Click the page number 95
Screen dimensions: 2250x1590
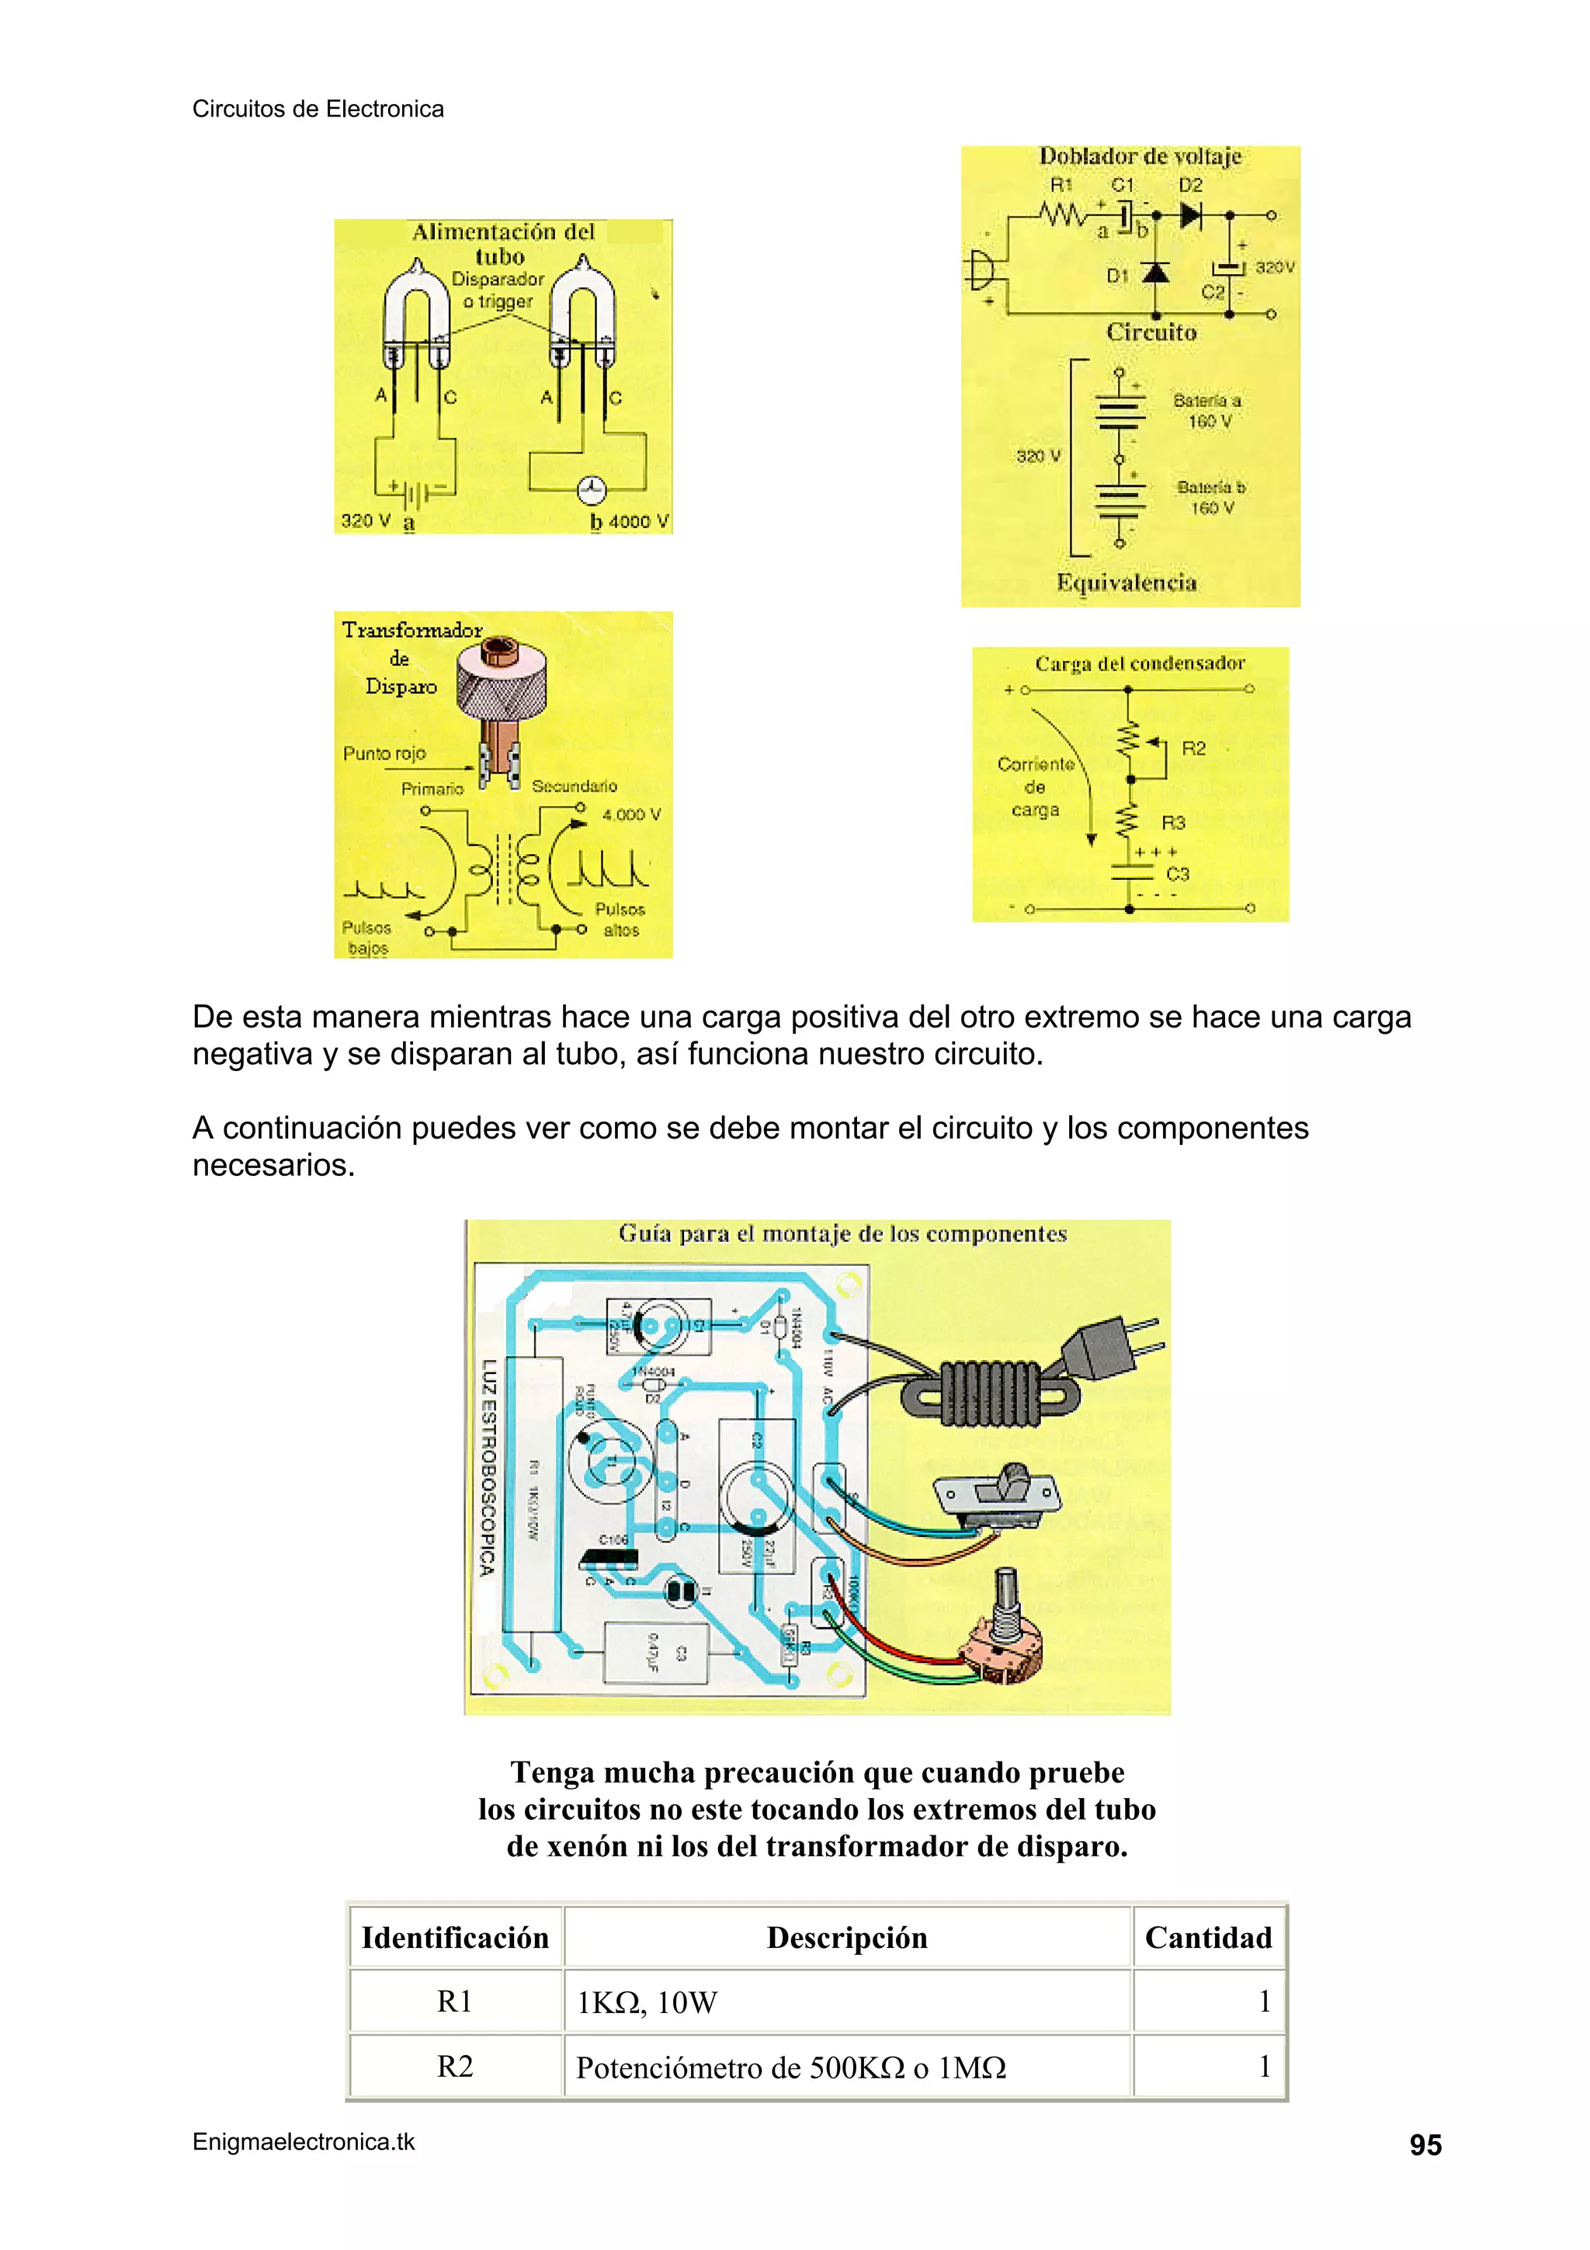click(1425, 2145)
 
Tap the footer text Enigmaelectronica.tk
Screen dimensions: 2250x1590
click(304, 2142)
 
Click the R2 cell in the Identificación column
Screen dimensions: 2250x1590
click(455, 2067)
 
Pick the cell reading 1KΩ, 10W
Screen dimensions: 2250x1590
click(647, 2002)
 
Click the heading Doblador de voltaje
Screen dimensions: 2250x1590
click(1140, 157)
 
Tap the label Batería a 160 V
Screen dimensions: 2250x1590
click(1208, 411)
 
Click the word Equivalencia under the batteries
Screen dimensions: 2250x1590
click(1126, 583)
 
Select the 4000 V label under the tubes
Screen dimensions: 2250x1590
click(637, 521)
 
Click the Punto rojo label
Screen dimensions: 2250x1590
click(384, 753)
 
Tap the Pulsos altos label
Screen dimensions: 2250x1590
click(620, 920)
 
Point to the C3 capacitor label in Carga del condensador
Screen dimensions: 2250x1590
click(1178, 874)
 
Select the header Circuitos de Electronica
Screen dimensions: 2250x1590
click(318, 109)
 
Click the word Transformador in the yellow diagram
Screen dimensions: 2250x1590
click(411, 630)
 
